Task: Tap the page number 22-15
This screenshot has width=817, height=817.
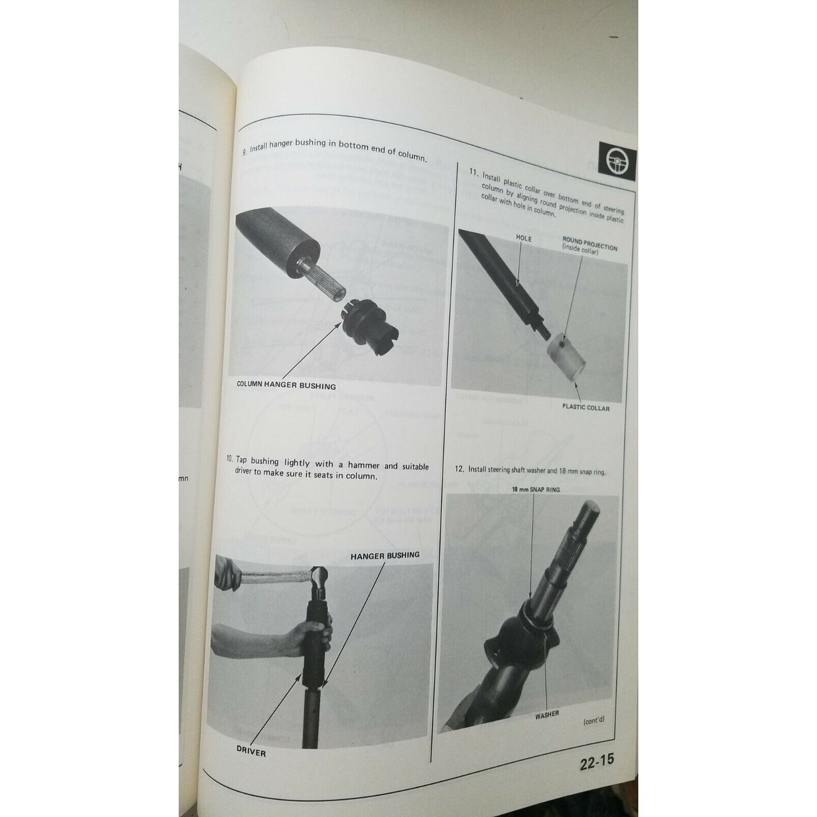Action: click(x=596, y=761)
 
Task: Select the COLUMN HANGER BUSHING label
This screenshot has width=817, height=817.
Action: click(x=286, y=386)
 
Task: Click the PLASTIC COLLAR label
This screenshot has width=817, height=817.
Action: click(x=586, y=407)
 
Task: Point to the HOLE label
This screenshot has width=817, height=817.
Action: click(x=524, y=238)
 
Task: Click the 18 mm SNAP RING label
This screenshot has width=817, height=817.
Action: click(x=535, y=489)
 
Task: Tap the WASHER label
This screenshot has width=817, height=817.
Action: click(x=547, y=715)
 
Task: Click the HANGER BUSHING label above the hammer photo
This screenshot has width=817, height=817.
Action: click(x=385, y=556)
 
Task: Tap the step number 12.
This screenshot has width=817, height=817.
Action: click(x=459, y=469)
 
